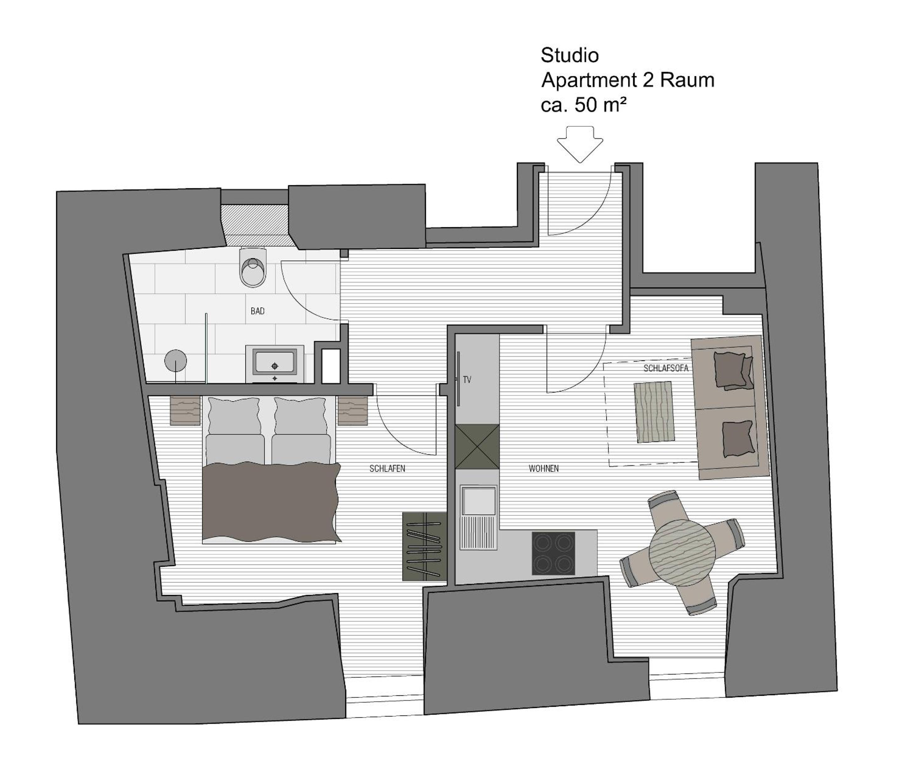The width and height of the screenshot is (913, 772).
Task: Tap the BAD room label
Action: [x=258, y=311]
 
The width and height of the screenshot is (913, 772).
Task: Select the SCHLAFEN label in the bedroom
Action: [x=387, y=469]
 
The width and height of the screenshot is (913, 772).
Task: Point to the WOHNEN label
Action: [x=544, y=469]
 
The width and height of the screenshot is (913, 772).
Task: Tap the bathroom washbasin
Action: [x=275, y=364]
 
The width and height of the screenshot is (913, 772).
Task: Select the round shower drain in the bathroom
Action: [x=176, y=361]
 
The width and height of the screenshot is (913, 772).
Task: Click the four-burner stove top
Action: [x=553, y=553]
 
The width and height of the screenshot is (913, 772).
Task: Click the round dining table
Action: [x=682, y=553]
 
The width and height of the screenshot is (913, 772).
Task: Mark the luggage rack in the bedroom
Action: [x=424, y=546]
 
